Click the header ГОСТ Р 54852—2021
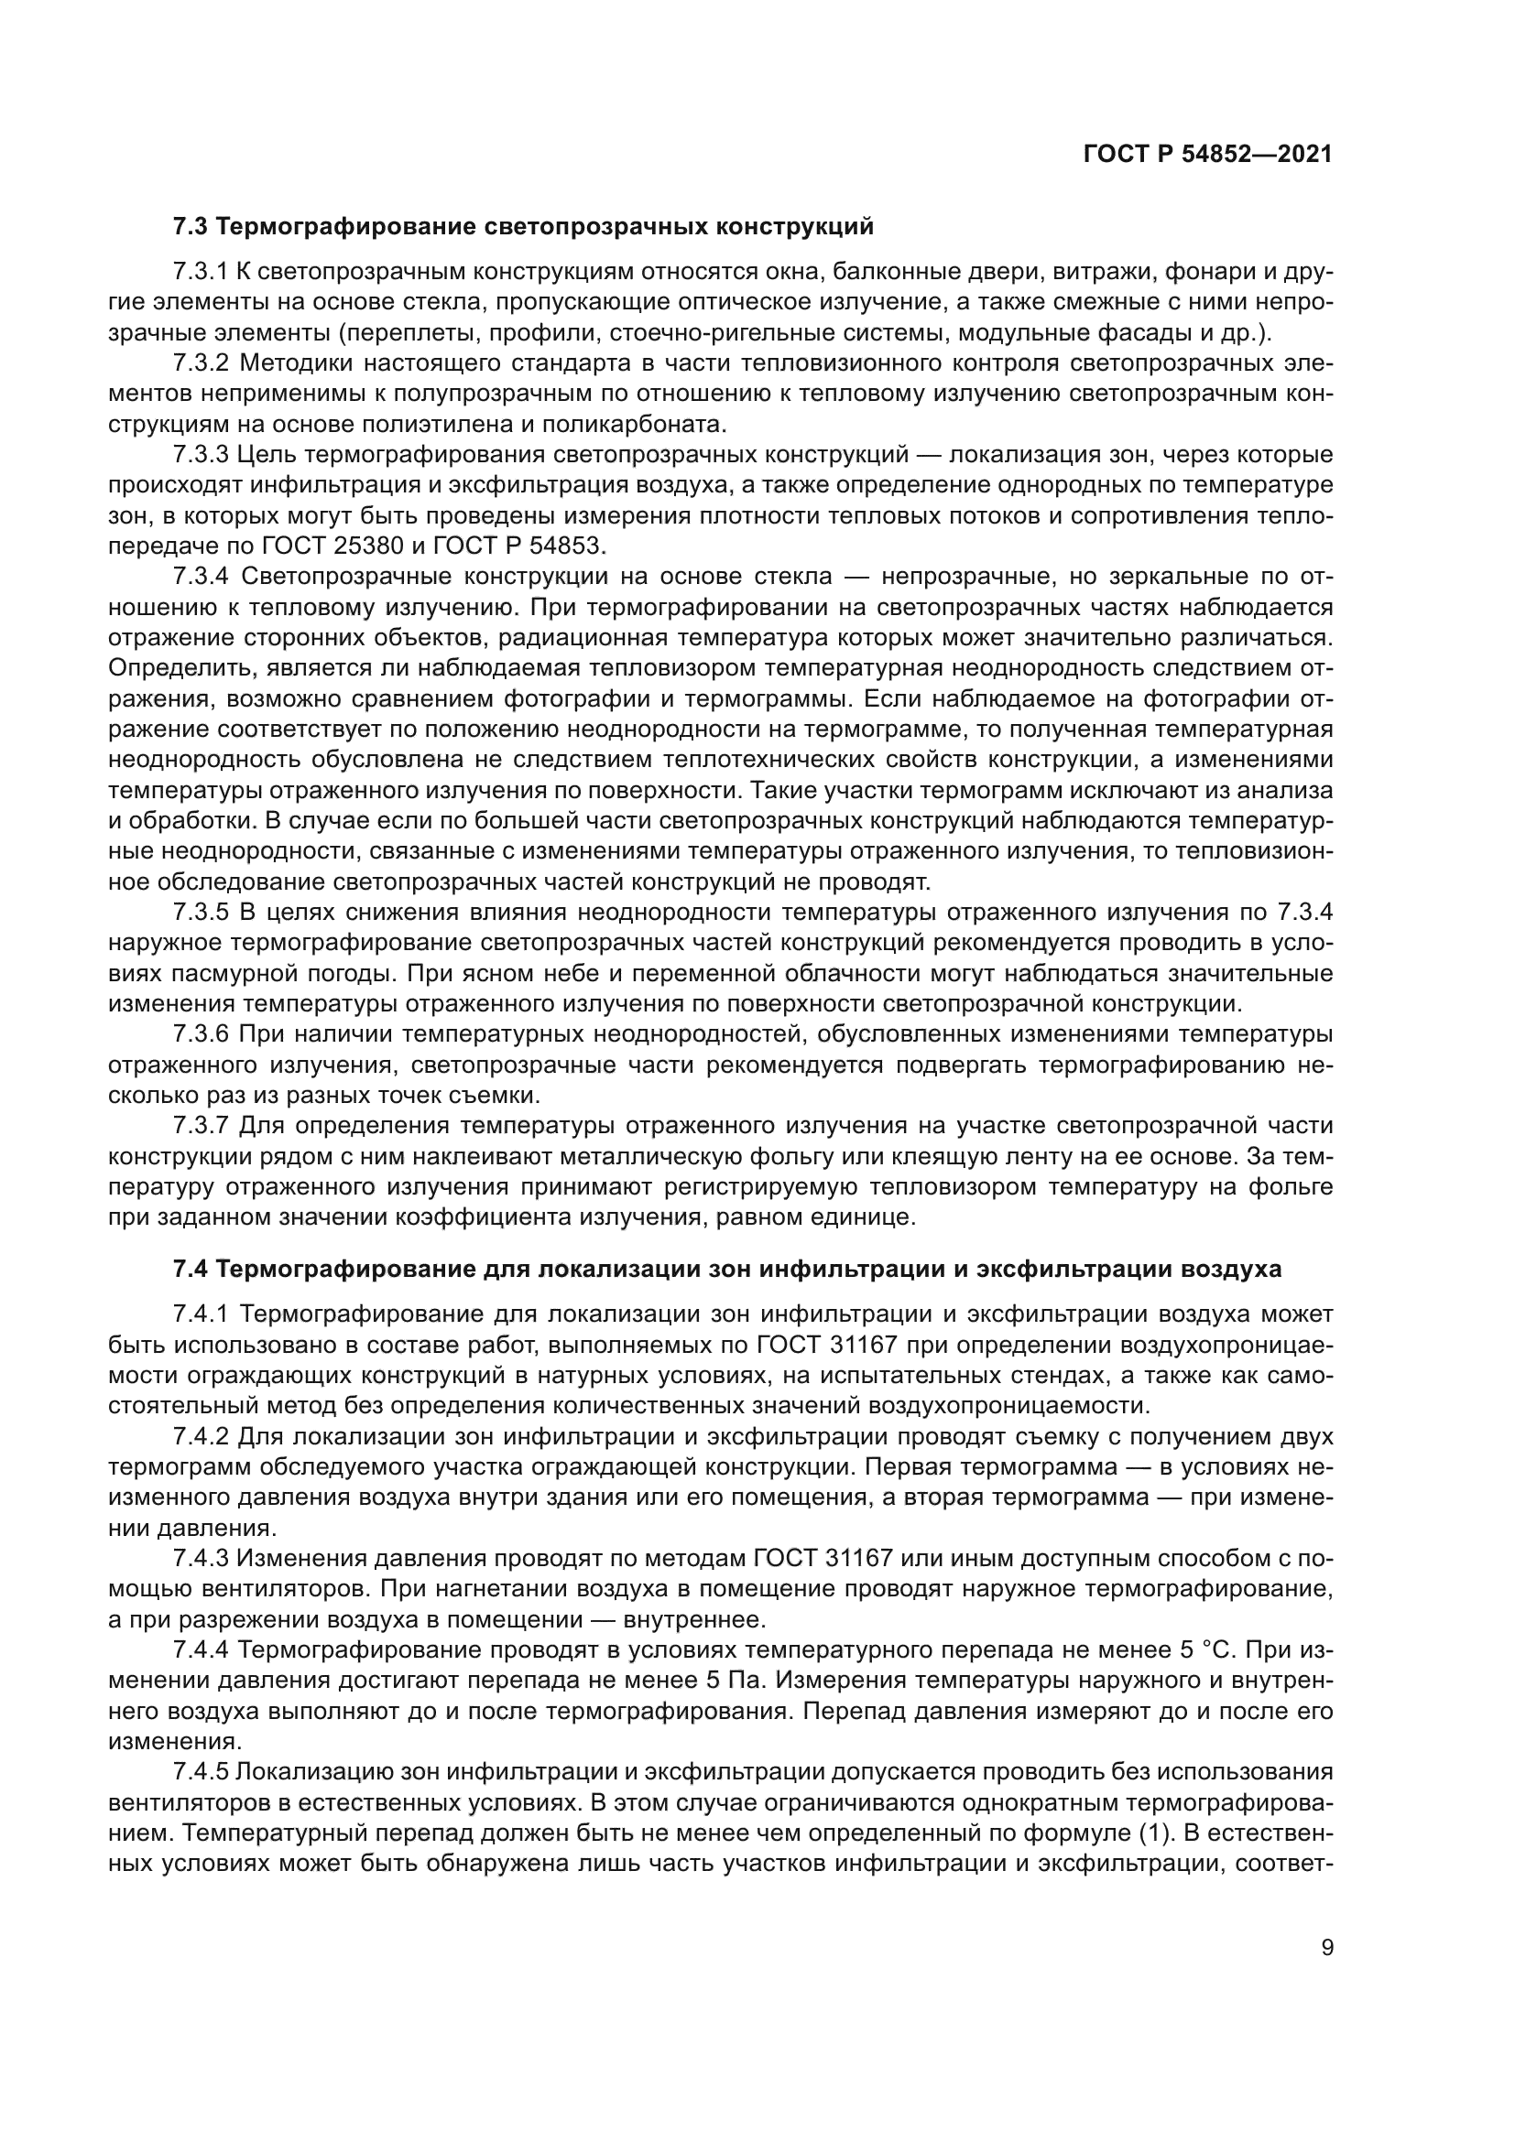point(1207,155)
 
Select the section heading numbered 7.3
point(522,227)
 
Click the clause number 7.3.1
point(200,272)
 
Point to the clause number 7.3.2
point(200,363)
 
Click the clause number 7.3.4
point(200,578)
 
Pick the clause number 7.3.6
point(200,1034)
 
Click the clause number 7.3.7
point(200,1126)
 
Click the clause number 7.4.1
point(200,1314)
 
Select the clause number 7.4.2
point(200,1436)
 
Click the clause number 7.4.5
point(200,1772)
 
